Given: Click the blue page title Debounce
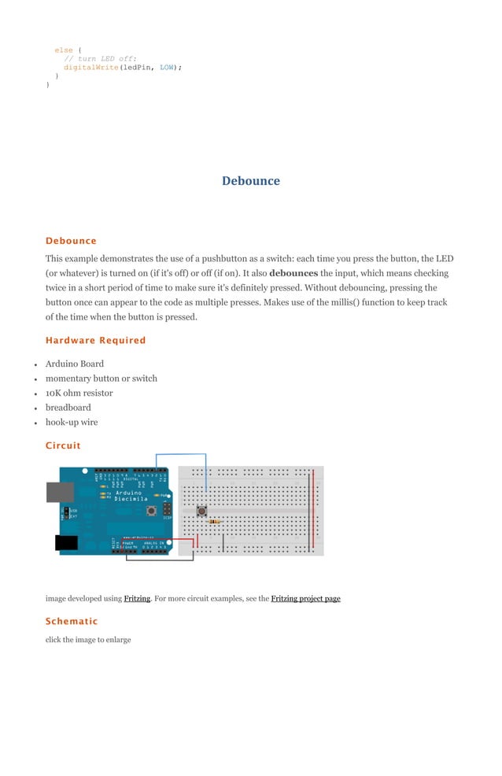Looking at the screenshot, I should point(250,181).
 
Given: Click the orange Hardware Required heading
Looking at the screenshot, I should point(95,341).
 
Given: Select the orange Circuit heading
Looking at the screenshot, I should point(63,445).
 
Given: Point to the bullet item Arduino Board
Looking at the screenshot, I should point(74,364).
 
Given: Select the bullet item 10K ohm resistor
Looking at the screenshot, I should point(79,393).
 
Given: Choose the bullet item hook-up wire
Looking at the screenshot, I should point(72,422).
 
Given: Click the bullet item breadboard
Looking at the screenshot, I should point(68,408).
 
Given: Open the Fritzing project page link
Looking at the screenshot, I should point(305,599).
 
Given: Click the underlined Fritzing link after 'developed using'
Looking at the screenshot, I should point(137,599).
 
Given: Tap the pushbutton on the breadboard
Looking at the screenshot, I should point(202,511).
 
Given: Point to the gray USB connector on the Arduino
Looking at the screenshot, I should point(61,492).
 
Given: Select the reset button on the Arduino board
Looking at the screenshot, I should point(149,500).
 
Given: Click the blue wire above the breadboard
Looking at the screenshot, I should point(181,454).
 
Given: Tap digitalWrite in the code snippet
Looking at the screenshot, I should point(90,68).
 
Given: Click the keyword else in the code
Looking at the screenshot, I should point(63,50).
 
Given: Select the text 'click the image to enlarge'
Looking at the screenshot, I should point(88,640).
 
